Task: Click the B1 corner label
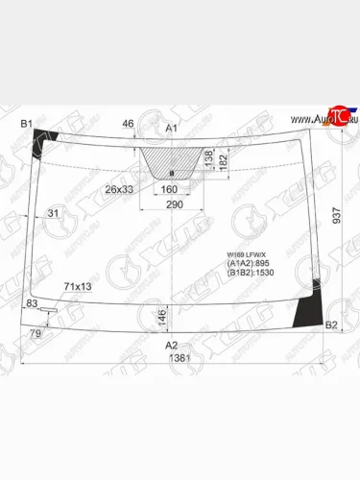pos(27,124)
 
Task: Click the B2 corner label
pos(331,325)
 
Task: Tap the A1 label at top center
pos(173,128)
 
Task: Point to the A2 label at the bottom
pos(171,345)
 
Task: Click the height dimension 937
pos(337,218)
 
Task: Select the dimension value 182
pos(223,165)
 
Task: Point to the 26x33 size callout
pos(119,189)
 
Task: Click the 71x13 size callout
pos(78,287)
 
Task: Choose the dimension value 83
pos(33,303)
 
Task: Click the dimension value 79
pos(36,333)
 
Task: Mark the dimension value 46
pos(128,125)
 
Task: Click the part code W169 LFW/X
pos(246,252)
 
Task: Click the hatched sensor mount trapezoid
pos(171,163)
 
